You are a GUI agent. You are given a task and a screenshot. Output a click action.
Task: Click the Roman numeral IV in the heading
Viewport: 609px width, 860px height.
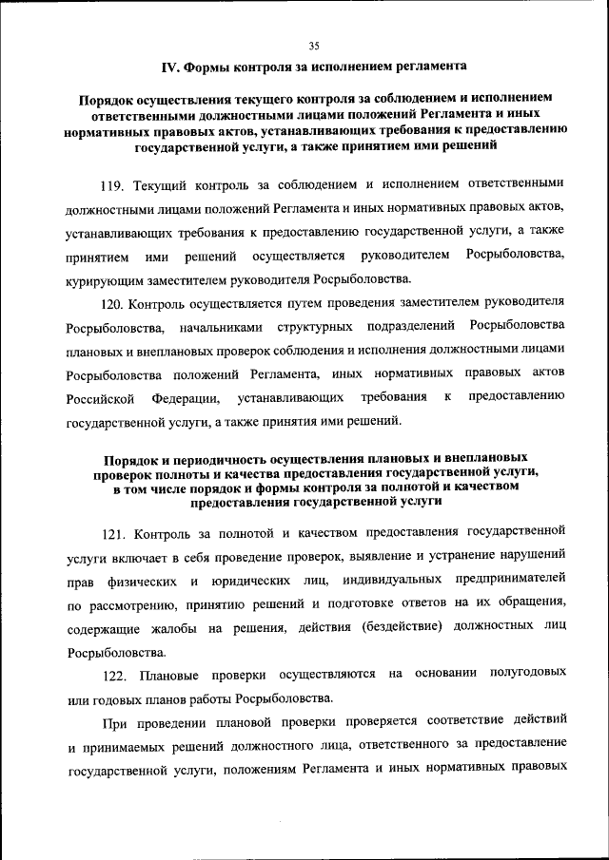(170, 67)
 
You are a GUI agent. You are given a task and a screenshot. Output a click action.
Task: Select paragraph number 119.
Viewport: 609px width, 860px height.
(114, 183)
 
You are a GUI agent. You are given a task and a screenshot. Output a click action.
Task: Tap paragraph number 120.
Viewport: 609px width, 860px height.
(114, 303)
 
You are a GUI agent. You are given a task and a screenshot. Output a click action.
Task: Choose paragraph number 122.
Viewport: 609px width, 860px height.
(114, 673)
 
